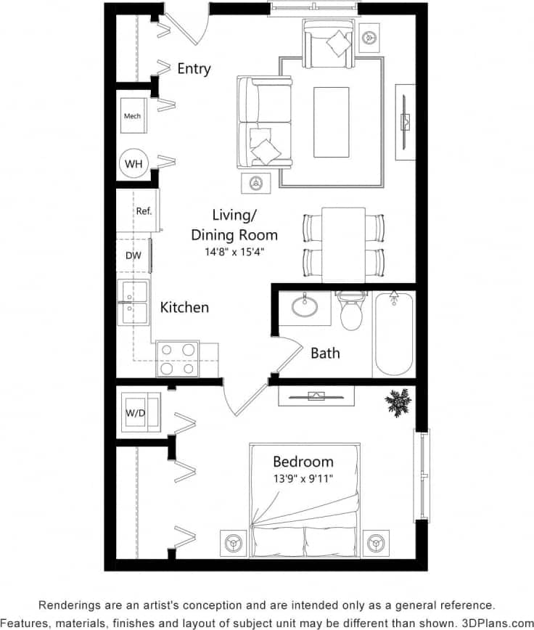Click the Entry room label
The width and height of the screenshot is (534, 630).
194,69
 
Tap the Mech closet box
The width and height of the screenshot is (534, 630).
132,116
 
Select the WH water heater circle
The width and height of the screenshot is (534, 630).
133,165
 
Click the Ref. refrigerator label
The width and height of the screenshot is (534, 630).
144,211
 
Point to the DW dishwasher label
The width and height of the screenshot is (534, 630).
133,255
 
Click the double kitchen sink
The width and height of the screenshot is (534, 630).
133,303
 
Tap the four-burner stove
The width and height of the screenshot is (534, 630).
178,359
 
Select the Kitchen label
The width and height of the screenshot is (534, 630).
184,307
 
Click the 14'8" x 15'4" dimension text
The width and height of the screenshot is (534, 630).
234,253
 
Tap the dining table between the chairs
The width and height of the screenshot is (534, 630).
343,243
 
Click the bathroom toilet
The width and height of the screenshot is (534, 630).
353,312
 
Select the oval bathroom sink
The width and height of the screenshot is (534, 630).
311,306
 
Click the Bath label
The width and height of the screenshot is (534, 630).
325,353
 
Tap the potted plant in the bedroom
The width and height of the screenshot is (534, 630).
398,401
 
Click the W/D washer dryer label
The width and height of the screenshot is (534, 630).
135,414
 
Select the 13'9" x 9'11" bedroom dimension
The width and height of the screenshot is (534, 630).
303,479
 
